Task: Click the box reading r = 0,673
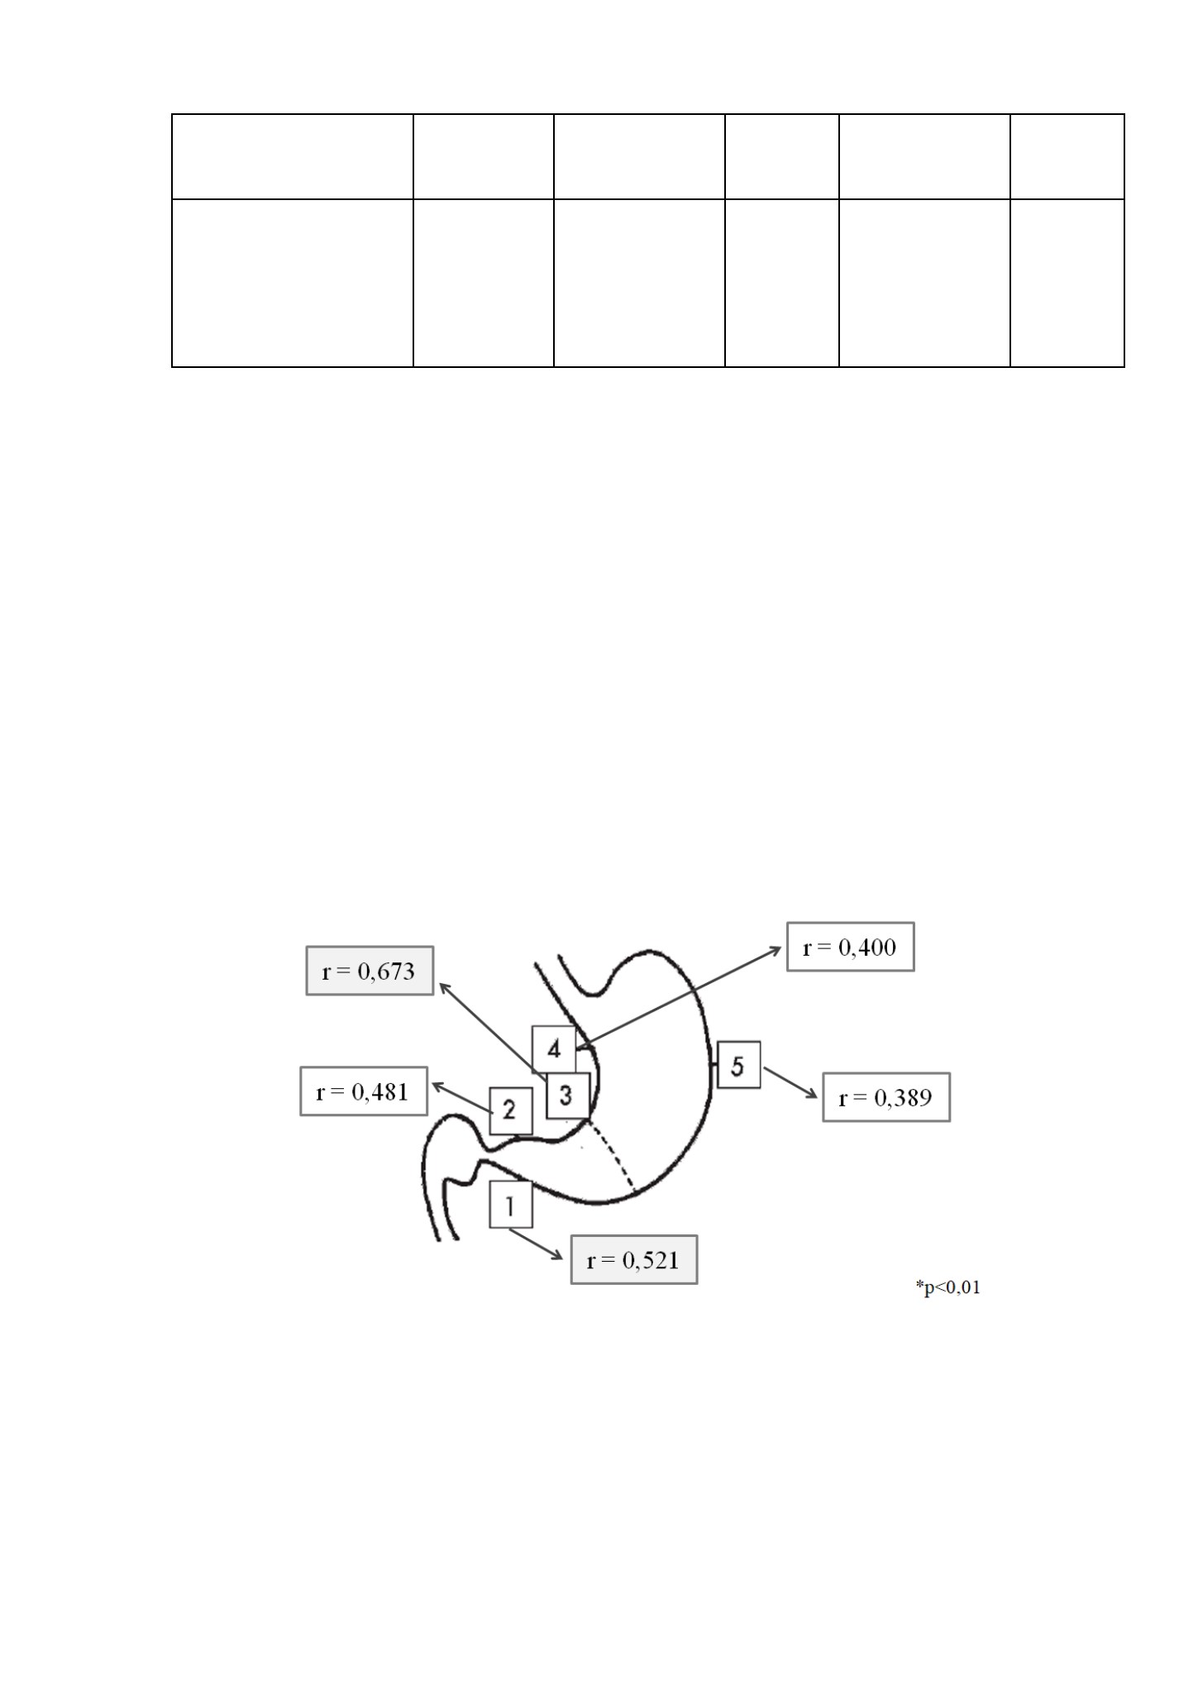point(370,970)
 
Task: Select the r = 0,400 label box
point(850,946)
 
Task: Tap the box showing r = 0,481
point(364,1091)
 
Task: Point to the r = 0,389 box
point(886,1096)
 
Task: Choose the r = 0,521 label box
point(634,1259)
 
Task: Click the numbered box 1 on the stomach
point(511,1206)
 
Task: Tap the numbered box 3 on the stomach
point(567,1096)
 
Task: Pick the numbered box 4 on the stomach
point(554,1049)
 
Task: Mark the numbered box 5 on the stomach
point(738,1065)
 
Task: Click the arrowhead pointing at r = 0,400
point(776,951)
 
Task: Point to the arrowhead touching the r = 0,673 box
point(444,987)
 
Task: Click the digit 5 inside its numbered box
point(737,1065)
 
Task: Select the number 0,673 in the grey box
point(385,971)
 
